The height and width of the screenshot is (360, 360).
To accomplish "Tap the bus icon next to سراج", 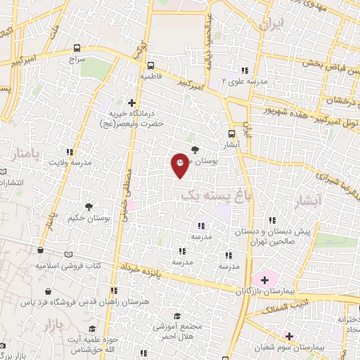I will pyautogui.click(x=76, y=49).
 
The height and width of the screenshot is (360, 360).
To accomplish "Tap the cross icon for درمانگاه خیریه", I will pyautogui.click(x=131, y=103).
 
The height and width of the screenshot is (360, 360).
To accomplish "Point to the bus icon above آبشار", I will pyautogui.click(x=231, y=134).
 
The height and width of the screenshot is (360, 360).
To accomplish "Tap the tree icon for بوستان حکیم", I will pyautogui.click(x=89, y=206).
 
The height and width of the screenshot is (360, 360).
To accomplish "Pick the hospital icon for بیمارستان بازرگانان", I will pyautogui.click(x=264, y=280).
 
